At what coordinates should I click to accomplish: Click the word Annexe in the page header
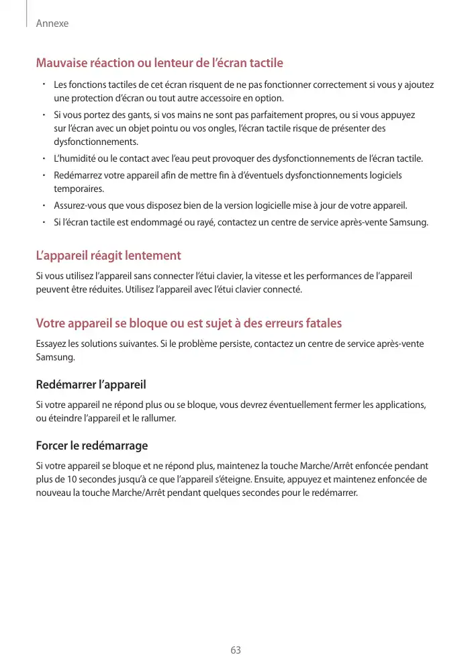(x=52, y=23)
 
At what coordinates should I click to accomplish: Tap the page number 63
(x=236, y=650)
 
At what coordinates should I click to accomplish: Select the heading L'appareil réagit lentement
(x=108, y=256)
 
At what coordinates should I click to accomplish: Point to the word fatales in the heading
(x=322, y=323)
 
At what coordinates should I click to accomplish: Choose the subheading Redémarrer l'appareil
(x=91, y=385)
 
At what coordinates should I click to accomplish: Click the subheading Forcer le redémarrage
(x=91, y=446)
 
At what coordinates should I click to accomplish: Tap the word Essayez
(x=52, y=344)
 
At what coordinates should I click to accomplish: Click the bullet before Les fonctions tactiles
(x=42, y=85)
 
